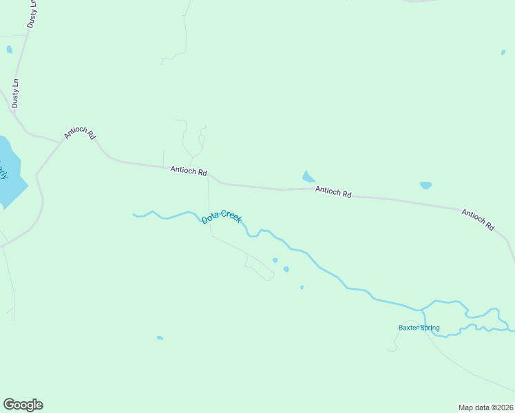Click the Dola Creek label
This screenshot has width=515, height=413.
pyautogui.click(x=221, y=218)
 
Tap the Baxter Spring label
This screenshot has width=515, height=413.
pyautogui.click(x=419, y=328)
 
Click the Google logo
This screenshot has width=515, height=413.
pyautogui.click(x=23, y=405)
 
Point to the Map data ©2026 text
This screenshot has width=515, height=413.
pyautogui.click(x=485, y=407)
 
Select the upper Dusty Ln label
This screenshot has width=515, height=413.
pyautogui.click(x=32, y=14)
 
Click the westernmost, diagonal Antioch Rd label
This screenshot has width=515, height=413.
pyautogui.click(x=79, y=133)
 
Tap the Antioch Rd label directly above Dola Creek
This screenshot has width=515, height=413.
pyautogui.click(x=189, y=170)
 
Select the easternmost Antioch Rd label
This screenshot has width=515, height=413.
pyautogui.click(x=478, y=220)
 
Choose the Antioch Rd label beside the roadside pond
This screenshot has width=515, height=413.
pyautogui.click(x=333, y=193)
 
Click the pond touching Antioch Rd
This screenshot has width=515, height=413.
pyautogui.click(x=308, y=177)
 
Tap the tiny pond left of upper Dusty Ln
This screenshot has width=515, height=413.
pyautogui.click(x=9, y=50)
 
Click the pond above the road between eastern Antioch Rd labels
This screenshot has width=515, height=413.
pyautogui.click(x=425, y=185)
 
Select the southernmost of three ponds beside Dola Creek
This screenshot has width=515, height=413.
pyautogui.click(x=302, y=287)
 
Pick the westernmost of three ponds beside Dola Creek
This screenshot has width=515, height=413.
pyautogui.click(x=275, y=260)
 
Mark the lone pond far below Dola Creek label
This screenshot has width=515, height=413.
pyautogui.click(x=160, y=338)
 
